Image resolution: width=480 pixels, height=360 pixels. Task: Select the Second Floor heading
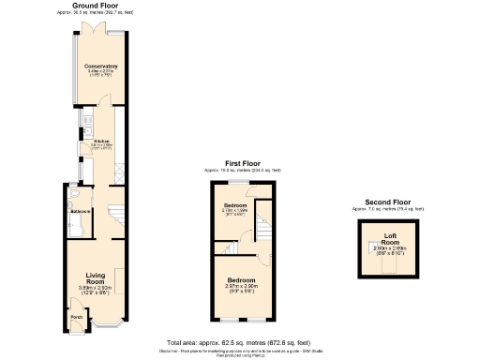(x=388, y=202)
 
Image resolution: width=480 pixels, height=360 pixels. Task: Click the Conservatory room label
(x=100, y=67)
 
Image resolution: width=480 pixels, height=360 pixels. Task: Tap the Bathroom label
(x=80, y=212)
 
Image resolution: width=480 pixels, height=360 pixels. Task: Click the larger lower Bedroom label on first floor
(x=241, y=279)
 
